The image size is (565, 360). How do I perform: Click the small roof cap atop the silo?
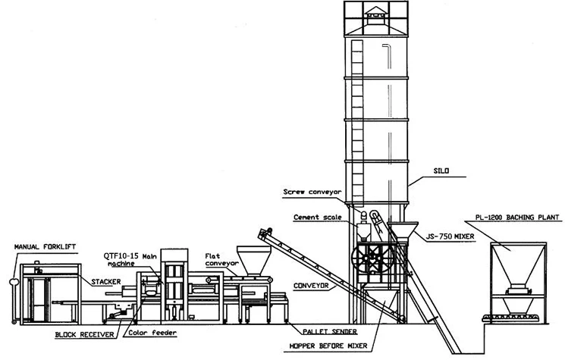(373, 14)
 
